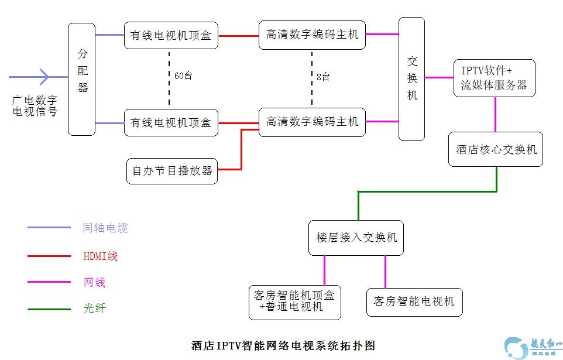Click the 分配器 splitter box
81,79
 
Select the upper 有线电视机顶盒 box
171,35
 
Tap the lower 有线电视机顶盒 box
171,122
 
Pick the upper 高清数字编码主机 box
312,35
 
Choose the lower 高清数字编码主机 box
312,122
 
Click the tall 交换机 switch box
411,79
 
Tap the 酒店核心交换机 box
496,149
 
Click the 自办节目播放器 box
172,171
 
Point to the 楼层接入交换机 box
356,238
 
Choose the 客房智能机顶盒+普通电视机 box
294,302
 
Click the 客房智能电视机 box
414,302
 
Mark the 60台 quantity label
183,76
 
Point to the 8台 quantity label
322,77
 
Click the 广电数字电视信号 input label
35,105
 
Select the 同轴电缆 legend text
105,228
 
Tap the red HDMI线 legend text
101,256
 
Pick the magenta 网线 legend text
94,283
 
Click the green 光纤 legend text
94,308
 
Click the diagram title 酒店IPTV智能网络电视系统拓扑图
283,345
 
